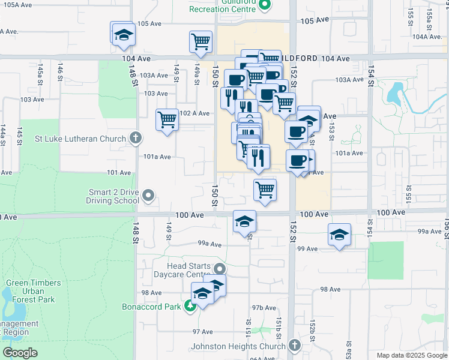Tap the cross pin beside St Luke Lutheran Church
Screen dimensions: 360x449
point(136,139)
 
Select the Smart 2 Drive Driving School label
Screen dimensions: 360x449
point(106,196)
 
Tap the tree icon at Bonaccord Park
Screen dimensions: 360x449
point(191,307)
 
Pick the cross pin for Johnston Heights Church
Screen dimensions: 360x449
point(294,346)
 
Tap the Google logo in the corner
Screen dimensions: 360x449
point(20,353)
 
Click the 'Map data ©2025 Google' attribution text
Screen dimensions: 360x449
point(411,355)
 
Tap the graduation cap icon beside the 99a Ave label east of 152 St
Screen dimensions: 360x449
point(339,234)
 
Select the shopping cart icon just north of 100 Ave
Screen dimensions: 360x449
point(265,190)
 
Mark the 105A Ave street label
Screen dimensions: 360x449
point(17,5)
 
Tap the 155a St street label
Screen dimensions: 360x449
point(430,17)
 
